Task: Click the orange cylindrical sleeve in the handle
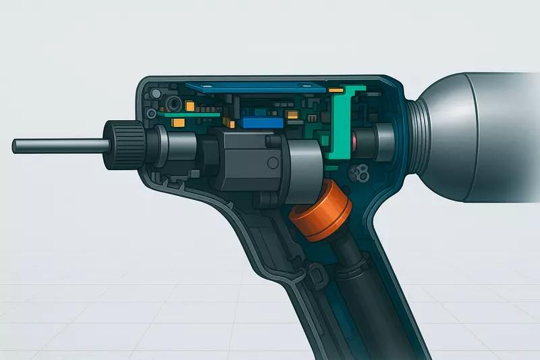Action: point(321,213)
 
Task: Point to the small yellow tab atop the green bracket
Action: point(335,89)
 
